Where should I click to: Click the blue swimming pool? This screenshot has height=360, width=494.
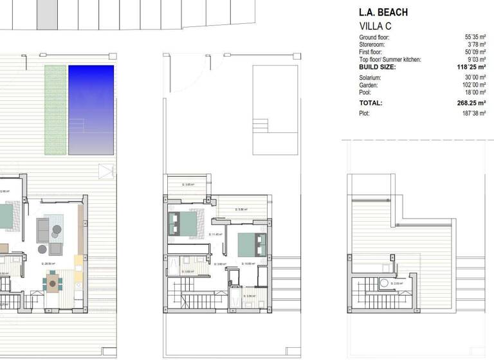point(91,109)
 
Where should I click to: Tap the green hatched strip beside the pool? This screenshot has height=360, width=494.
point(55,109)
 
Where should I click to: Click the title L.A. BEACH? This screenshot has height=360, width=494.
point(383,12)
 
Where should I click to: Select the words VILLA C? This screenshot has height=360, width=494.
point(374,26)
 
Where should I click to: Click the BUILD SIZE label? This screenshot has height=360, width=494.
point(378,67)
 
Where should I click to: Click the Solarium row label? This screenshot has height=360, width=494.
point(370,78)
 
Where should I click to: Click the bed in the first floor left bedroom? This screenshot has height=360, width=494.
point(181,223)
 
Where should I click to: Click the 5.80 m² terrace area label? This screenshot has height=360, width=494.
point(242,209)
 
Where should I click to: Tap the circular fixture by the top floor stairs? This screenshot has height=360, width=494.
point(383,282)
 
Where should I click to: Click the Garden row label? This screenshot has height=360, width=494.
point(369,85)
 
